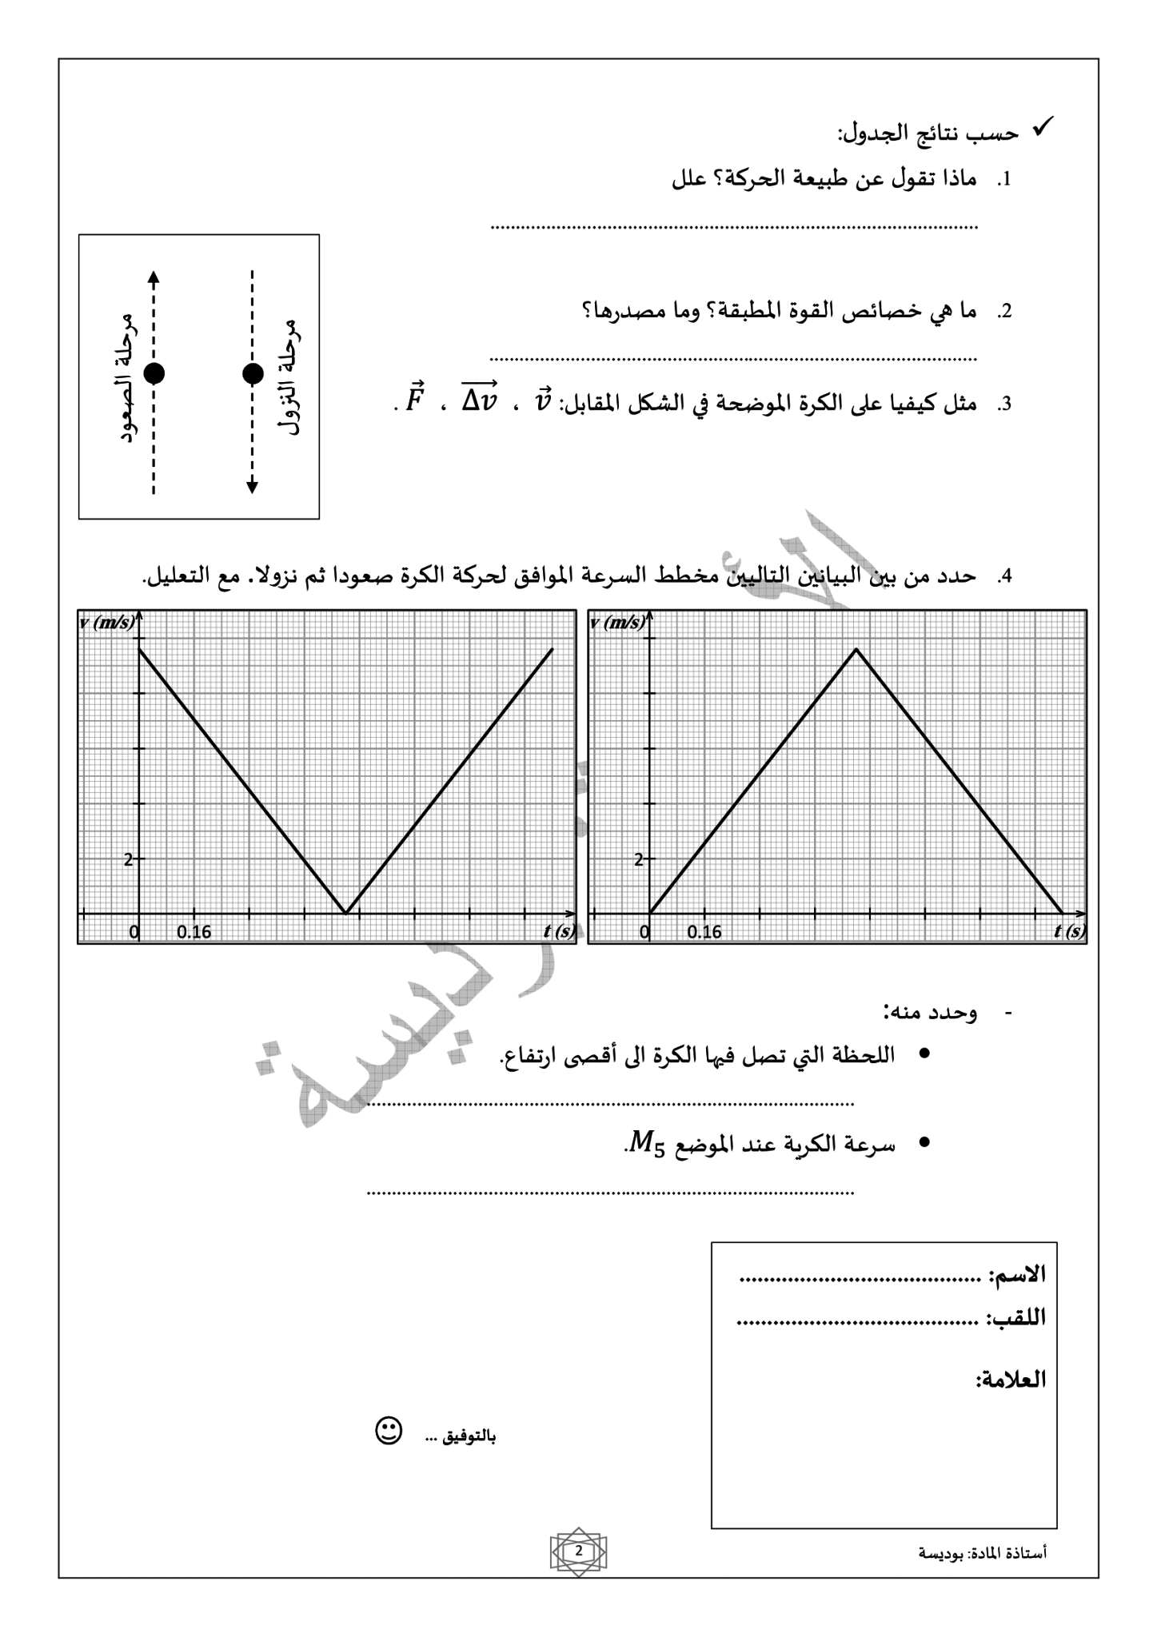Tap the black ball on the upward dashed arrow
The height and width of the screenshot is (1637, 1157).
[154, 373]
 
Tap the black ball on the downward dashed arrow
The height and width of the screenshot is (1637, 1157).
[253, 373]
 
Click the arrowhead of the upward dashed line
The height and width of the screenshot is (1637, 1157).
[154, 277]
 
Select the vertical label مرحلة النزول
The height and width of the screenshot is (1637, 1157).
[289, 376]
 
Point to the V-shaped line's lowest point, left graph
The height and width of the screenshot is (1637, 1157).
[345, 912]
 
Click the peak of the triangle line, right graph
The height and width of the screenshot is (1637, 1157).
[856, 649]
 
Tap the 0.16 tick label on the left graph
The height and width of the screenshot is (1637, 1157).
[194, 932]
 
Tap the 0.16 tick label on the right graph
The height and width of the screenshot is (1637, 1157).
[704, 932]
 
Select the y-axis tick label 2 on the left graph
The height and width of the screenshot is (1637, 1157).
[128, 860]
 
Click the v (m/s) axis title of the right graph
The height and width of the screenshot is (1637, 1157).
[617, 623]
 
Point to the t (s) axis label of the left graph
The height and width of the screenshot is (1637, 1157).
[559, 931]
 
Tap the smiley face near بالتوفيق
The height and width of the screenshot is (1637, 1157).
[389, 1432]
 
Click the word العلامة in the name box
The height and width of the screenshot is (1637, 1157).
[1011, 1380]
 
